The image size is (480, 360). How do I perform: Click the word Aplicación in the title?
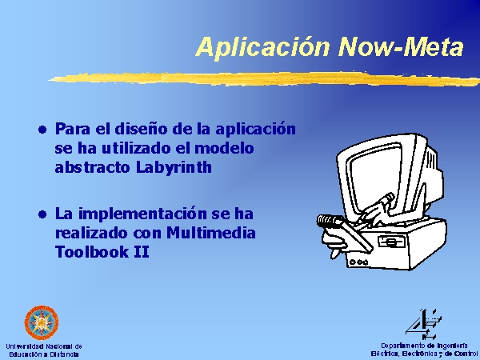tap(263, 47)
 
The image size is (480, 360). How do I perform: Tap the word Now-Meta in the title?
tap(402, 46)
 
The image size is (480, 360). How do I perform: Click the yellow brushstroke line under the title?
tap(264, 78)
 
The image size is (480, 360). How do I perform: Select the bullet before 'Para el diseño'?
tap(42, 130)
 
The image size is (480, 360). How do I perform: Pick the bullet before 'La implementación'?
tap(42, 214)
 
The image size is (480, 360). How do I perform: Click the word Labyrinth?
tap(174, 168)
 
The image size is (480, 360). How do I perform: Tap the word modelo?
tap(224, 148)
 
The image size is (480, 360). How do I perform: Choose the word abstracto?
tap(93, 167)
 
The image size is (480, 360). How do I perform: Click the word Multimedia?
tap(211, 233)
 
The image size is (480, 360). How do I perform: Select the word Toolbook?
tap(92, 252)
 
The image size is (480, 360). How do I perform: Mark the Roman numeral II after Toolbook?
tap(142, 252)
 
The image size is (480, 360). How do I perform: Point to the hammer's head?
tap(330, 221)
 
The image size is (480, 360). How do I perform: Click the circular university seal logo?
tap(42, 322)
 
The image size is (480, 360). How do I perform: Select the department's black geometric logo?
tap(423, 325)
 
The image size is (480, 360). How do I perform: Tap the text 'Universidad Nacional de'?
tap(44, 346)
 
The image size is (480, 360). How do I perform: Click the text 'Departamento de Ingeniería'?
tap(424, 346)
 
